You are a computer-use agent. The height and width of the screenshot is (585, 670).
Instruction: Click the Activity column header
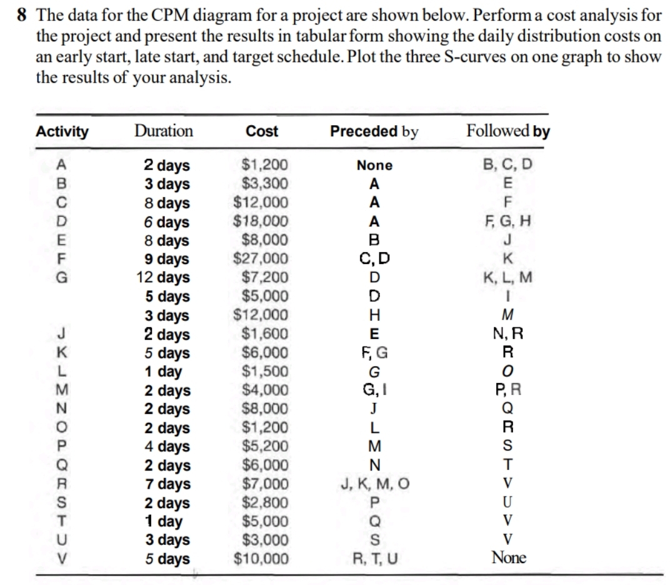[62, 132]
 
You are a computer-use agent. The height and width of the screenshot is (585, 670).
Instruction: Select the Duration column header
[164, 131]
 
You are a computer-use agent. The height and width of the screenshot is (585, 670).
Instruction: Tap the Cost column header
[262, 132]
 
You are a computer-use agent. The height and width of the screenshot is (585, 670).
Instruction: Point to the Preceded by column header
[374, 132]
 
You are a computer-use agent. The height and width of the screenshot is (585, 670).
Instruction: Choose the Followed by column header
[508, 132]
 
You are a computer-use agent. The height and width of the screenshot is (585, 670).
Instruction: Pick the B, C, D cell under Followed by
[509, 166]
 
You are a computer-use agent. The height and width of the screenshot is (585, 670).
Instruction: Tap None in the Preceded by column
[374, 166]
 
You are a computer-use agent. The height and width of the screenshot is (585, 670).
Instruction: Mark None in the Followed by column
[509, 557]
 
